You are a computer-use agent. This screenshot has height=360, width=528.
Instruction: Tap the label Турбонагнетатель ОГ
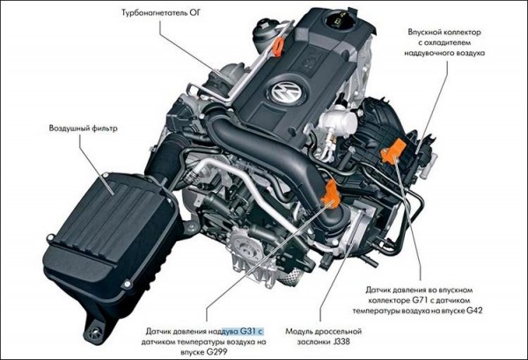161,13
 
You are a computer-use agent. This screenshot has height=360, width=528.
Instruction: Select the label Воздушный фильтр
84,129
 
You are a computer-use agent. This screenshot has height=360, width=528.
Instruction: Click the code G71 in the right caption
420,300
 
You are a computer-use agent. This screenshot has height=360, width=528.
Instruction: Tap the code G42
474,311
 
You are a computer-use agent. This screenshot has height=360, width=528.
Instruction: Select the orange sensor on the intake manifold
393,151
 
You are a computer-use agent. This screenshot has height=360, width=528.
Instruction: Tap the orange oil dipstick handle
277,47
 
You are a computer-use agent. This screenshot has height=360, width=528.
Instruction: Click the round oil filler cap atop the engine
341,20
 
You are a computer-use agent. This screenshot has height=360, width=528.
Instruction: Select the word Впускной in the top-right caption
424,33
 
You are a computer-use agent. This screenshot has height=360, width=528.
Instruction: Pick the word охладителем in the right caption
448,43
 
